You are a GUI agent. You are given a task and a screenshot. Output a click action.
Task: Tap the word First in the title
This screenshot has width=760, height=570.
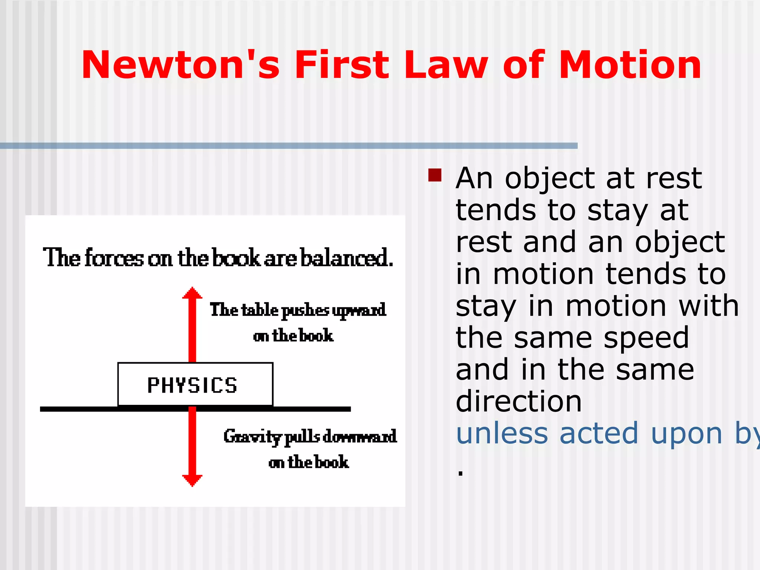coord(341,65)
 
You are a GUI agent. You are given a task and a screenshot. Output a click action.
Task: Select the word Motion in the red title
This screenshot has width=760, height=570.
coord(630,65)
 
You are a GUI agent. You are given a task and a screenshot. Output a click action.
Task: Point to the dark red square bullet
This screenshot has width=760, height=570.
coord(435,175)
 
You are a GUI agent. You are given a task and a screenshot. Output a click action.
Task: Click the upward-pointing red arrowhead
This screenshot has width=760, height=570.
coord(192,293)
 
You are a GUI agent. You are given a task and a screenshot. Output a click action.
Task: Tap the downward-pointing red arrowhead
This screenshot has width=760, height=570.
coord(192,480)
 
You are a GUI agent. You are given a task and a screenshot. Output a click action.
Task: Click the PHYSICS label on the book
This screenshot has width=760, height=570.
coord(192,385)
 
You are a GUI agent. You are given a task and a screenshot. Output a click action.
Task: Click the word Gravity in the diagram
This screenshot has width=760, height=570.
coord(253,436)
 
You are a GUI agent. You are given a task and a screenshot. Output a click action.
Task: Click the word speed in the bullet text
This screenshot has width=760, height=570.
coord(646,338)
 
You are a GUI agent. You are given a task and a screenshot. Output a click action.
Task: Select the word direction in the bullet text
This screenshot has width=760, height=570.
coord(518,402)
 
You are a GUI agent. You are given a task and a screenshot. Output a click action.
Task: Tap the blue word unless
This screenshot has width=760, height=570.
coord(502,433)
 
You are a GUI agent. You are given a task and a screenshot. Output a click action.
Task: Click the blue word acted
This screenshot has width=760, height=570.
coord(599,433)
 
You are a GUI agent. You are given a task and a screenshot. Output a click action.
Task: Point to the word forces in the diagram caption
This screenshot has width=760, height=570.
coord(114,258)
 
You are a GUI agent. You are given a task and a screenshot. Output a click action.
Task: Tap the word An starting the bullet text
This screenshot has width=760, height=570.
coord(474,179)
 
